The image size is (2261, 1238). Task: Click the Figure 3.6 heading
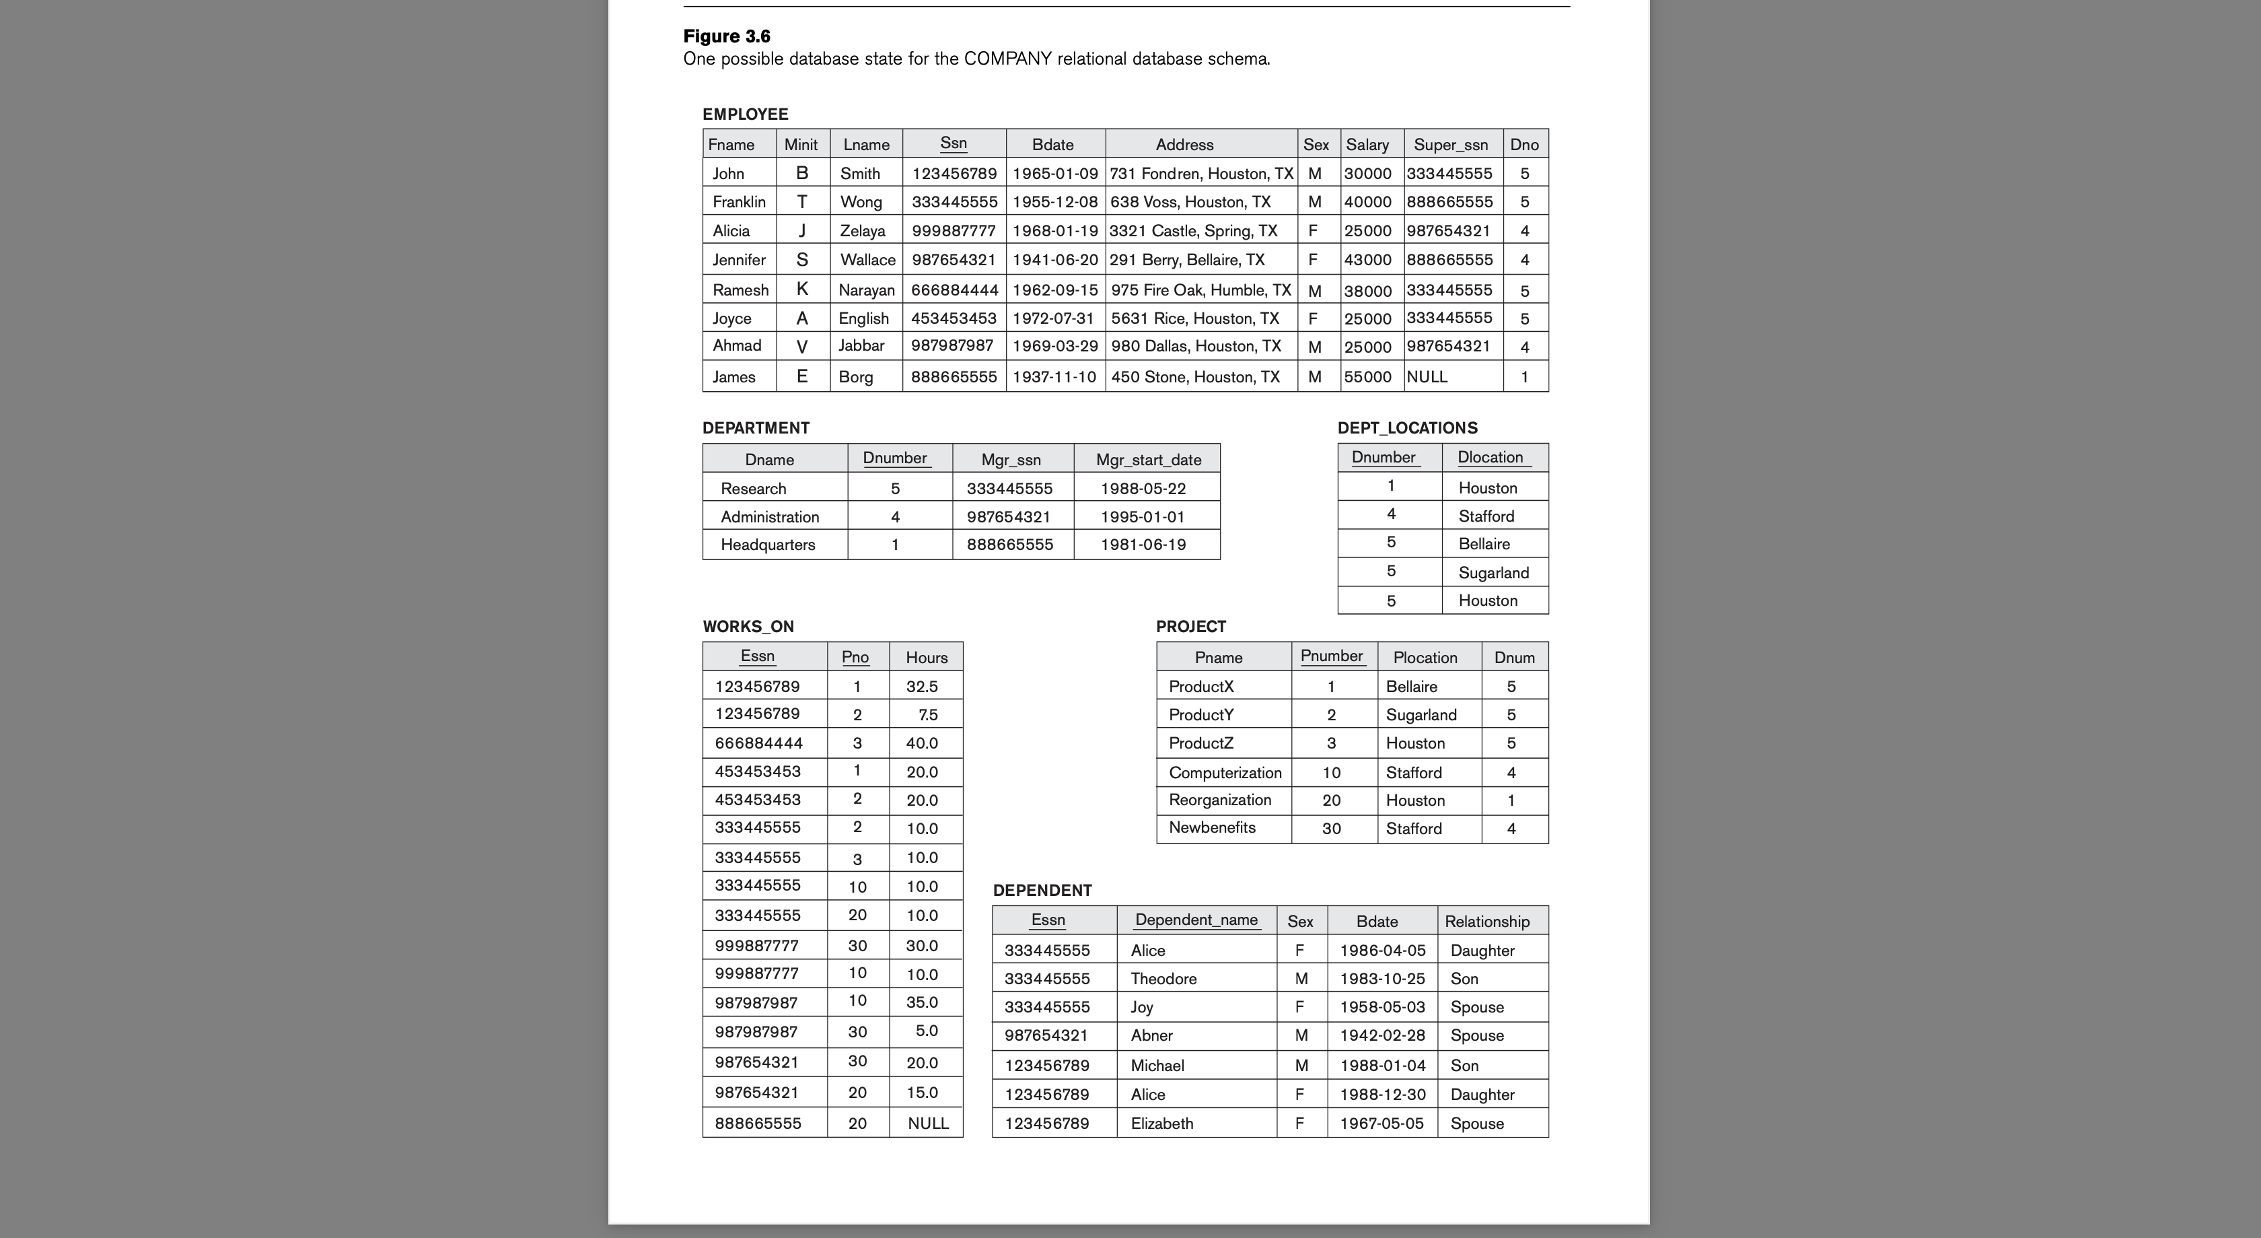pyautogui.click(x=727, y=36)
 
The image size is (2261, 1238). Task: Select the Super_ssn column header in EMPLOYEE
pyautogui.click(x=1450, y=145)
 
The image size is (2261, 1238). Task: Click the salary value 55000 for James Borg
pyautogui.click(x=1367, y=377)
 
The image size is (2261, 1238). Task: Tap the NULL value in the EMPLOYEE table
pyautogui.click(x=1427, y=377)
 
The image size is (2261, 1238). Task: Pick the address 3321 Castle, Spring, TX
pyautogui.click(x=1193, y=231)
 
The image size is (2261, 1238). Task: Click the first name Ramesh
pyautogui.click(x=740, y=289)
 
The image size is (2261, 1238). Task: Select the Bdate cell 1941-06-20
pyautogui.click(x=1054, y=260)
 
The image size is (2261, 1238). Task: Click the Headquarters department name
pyautogui.click(x=767, y=545)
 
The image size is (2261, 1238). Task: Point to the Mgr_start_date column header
pyautogui.click(x=1148, y=459)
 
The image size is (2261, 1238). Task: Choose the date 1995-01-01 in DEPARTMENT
pyautogui.click(x=1142, y=517)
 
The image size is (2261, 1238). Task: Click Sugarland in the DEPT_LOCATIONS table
pyautogui.click(x=1493, y=572)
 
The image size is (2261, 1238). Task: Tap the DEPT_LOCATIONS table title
pyautogui.click(x=1407, y=427)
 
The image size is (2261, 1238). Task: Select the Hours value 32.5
pyautogui.click(x=922, y=687)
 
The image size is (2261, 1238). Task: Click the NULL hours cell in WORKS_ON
pyautogui.click(x=928, y=1123)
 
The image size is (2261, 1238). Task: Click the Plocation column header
pyautogui.click(x=1425, y=658)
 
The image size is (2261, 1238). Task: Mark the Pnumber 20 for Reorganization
pyautogui.click(x=1330, y=800)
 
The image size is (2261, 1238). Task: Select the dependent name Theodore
pyautogui.click(x=1163, y=978)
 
